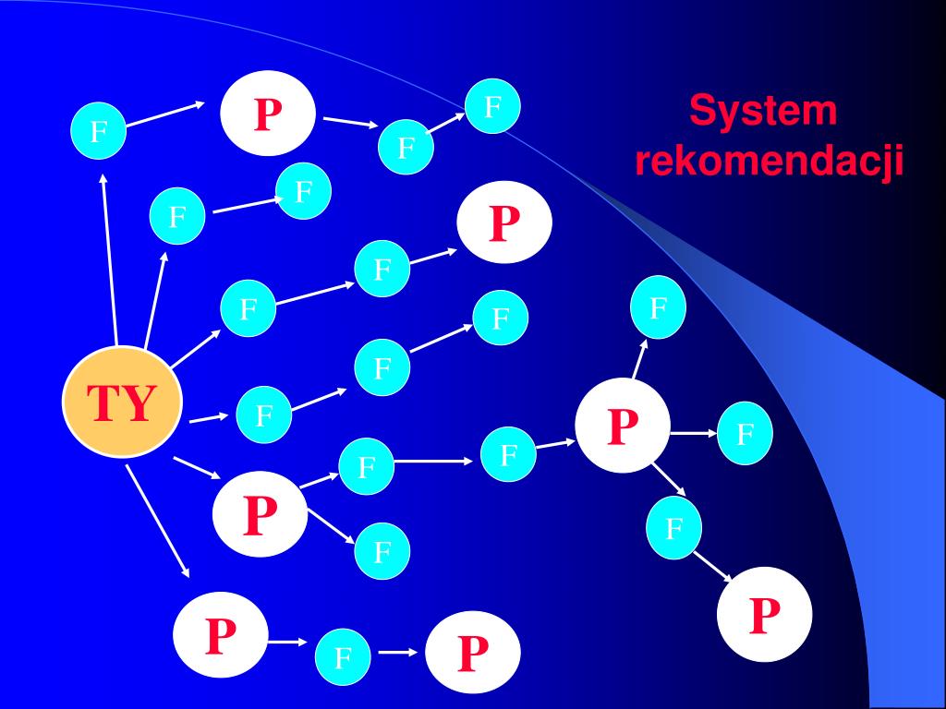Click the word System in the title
coord(763,112)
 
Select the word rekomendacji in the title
coord(769,162)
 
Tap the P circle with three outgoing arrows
coord(623,426)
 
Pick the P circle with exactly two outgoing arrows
coord(260,514)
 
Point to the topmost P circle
coord(268,114)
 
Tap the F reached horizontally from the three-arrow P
coord(746,432)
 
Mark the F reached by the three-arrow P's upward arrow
coord(658,307)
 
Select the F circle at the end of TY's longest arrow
coord(98,132)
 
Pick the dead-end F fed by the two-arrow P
coord(382,552)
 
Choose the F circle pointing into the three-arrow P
coord(508,454)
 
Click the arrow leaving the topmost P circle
coord(346,123)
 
